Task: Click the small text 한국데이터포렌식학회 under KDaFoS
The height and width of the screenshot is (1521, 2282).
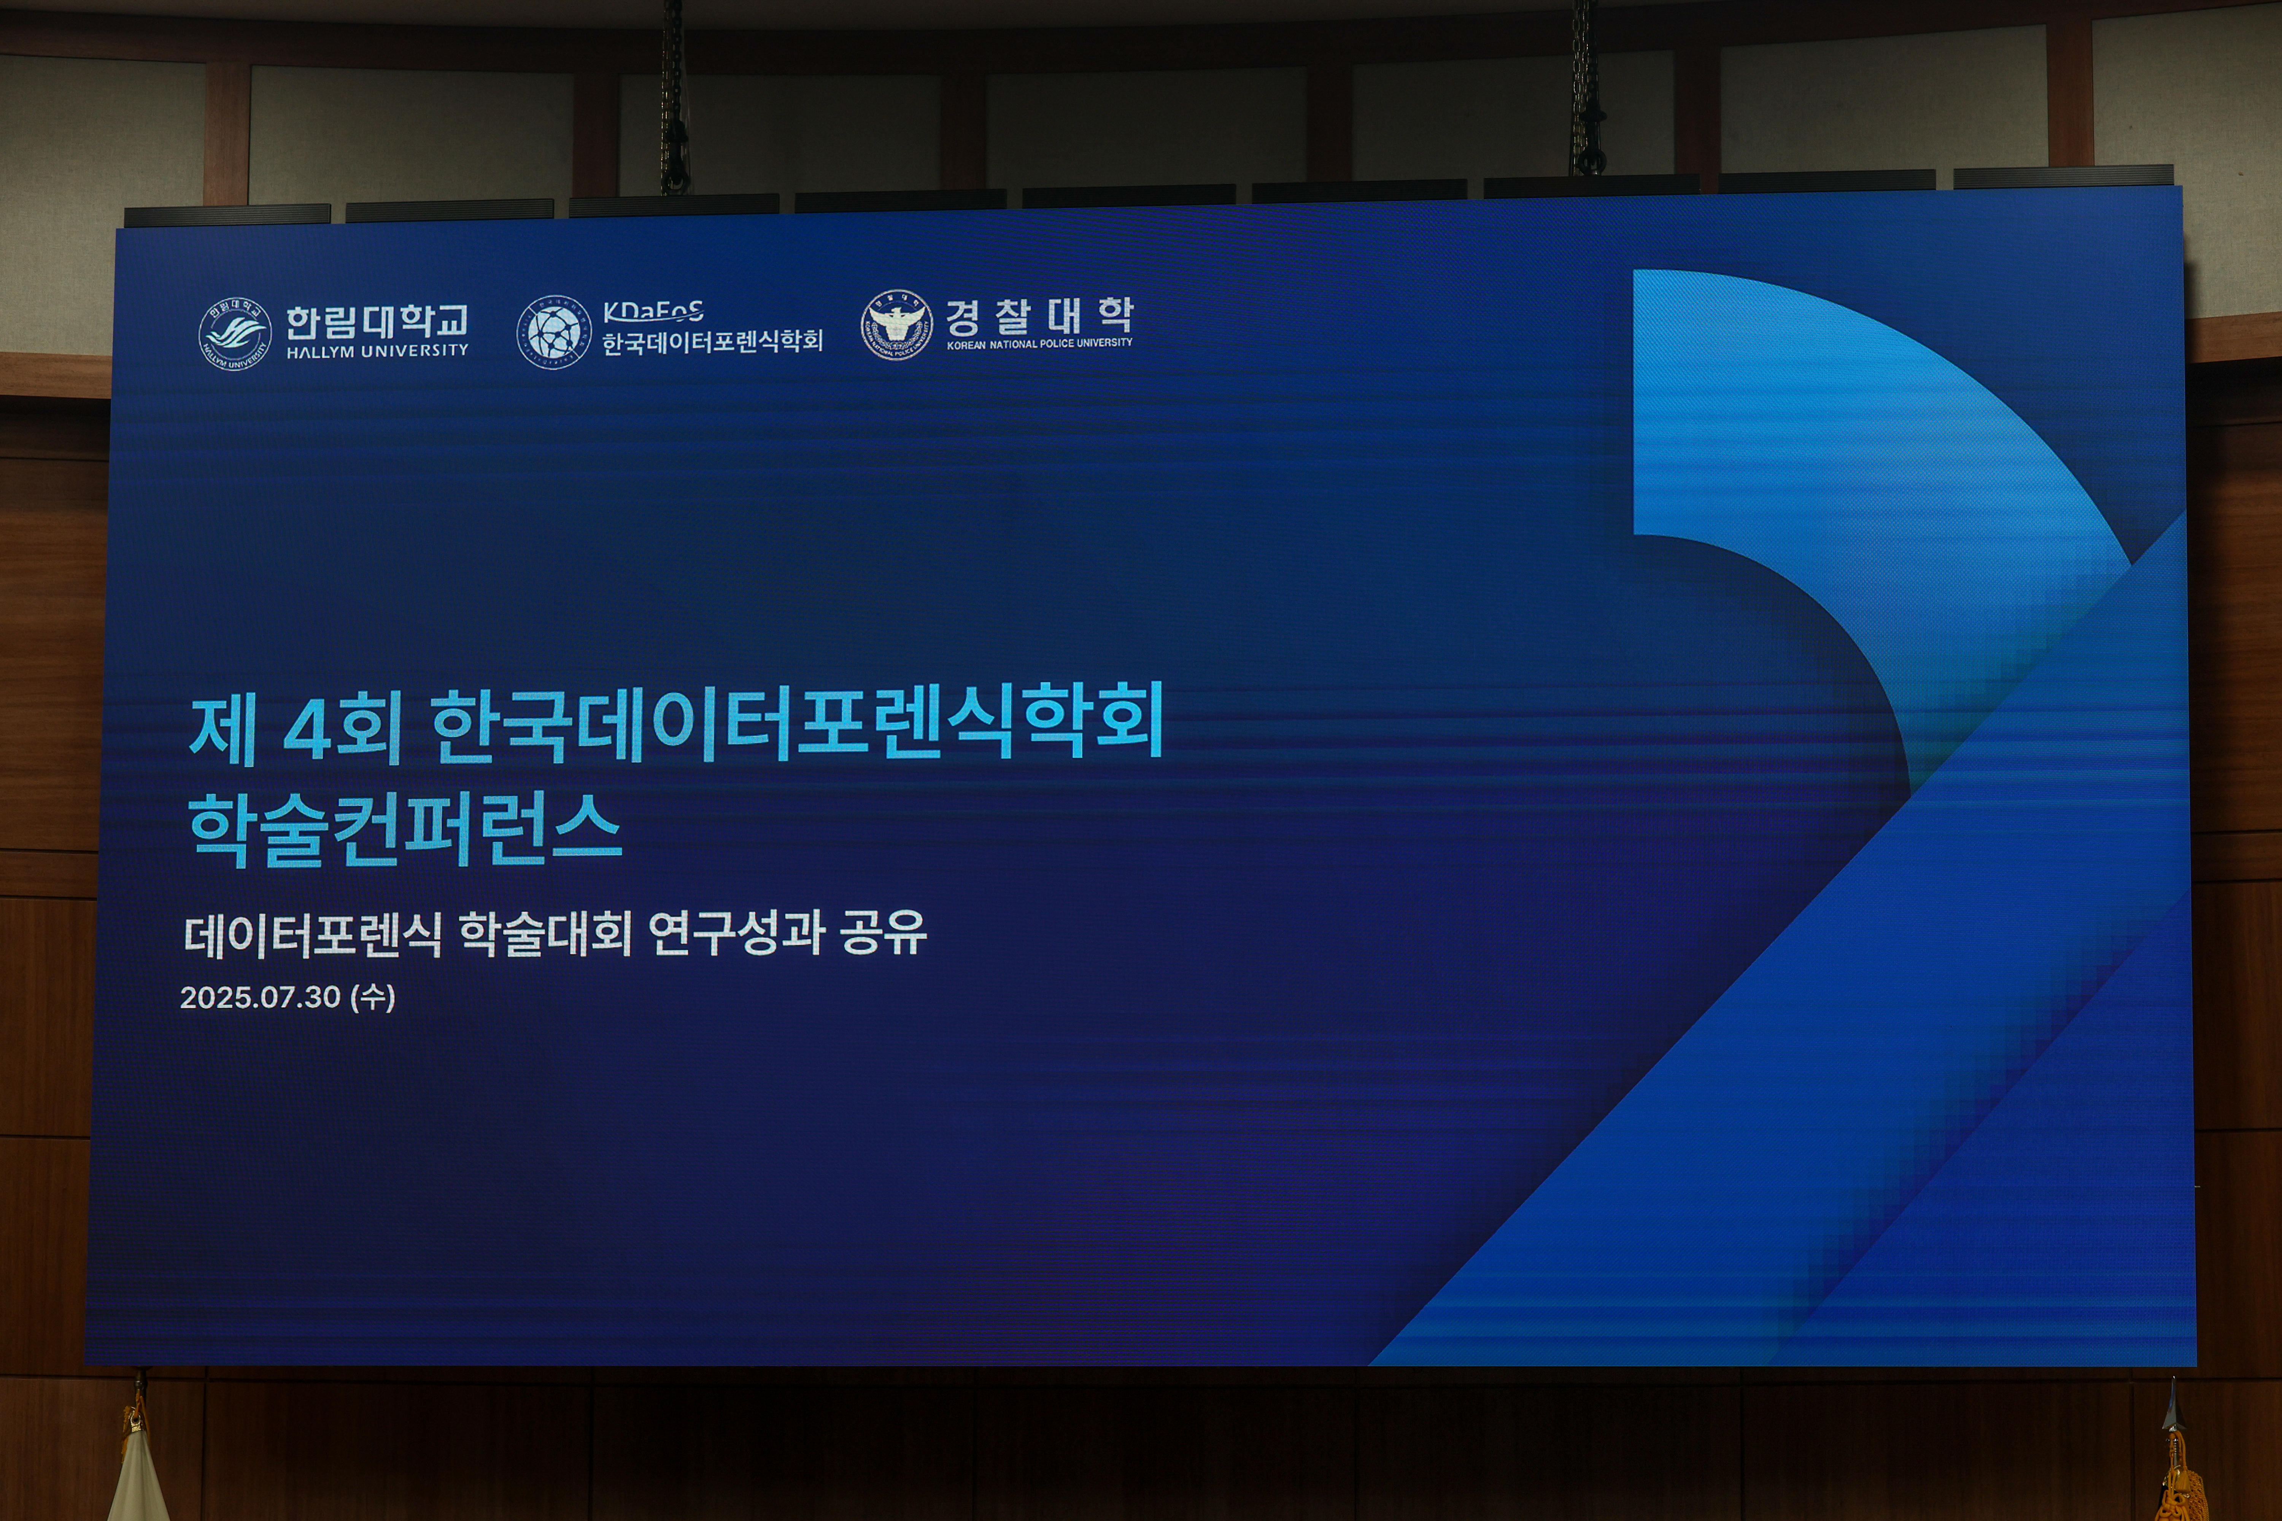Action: [712, 341]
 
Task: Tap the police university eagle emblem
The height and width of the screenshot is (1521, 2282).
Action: [896, 325]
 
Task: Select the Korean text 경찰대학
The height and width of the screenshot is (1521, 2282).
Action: [1039, 315]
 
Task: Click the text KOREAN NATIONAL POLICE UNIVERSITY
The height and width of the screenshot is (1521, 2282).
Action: [1039, 343]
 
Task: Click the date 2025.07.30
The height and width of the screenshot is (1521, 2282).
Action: [260, 997]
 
